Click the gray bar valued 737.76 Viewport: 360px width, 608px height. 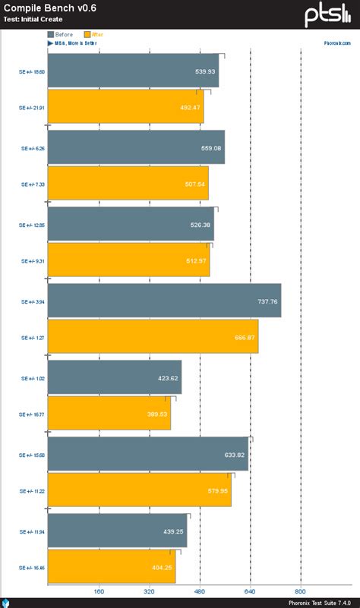click(164, 301)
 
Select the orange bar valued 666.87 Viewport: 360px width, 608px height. click(153, 336)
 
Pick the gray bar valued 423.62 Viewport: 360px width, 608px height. click(114, 377)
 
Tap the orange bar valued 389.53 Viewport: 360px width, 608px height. click(109, 413)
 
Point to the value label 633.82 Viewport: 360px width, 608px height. click(235, 455)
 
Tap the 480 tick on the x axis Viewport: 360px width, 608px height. click(199, 591)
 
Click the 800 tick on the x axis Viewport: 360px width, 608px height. click(300, 591)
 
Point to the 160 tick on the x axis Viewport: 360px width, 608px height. click(98, 591)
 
